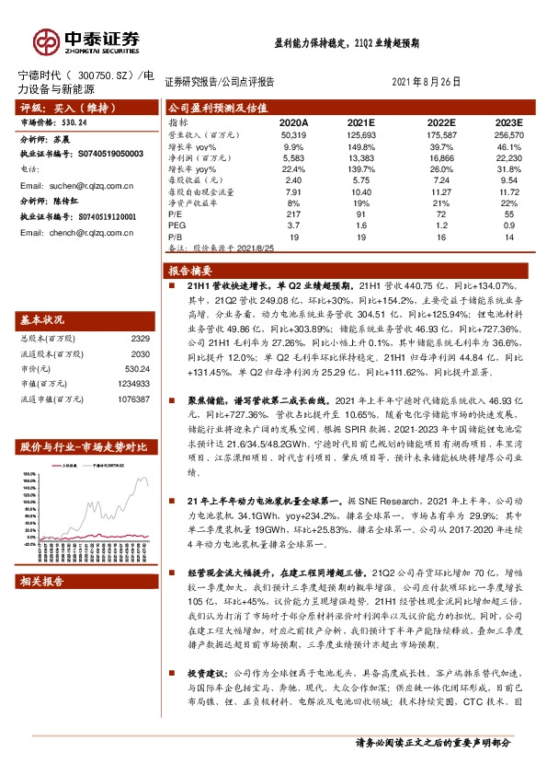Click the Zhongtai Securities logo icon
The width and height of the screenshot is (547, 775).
pos(46,41)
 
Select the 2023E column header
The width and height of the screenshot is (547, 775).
pos(507,122)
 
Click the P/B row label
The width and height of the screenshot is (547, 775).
pos(176,237)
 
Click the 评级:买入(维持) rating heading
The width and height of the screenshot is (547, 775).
pos(57,108)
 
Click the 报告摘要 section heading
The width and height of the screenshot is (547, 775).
pos(191,272)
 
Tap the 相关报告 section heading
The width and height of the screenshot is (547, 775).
pos(41,581)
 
